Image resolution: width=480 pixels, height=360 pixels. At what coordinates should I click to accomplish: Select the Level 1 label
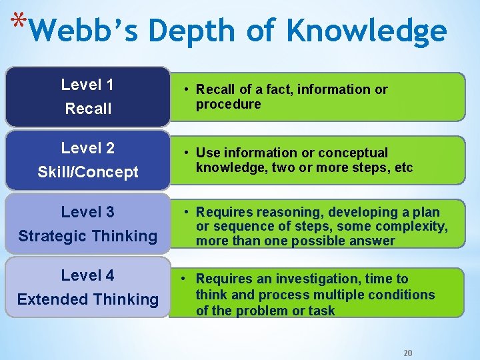(87, 85)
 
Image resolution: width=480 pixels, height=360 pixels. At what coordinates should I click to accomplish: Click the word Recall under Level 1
(88, 109)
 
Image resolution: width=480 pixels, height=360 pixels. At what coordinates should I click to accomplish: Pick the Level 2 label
(87, 148)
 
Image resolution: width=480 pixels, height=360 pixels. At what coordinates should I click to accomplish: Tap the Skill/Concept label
(88, 172)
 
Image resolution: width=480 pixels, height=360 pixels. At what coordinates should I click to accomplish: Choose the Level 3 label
(87, 212)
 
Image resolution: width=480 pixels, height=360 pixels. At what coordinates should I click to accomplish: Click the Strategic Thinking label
(88, 236)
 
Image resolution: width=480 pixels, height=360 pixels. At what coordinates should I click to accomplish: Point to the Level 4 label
(87, 275)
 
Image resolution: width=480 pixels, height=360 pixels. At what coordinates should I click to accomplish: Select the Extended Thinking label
(88, 299)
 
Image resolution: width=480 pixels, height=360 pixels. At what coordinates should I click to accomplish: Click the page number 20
(409, 353)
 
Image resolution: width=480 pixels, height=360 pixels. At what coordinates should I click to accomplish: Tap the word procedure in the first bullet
(229, 105)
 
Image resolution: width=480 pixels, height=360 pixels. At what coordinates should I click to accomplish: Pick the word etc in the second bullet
(404, 167)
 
